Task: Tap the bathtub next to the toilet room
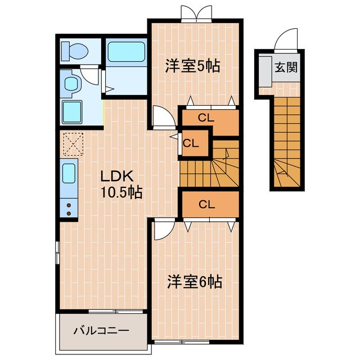point(125,52)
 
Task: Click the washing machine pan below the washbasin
point(72,111)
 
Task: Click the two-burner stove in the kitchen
point(69,209)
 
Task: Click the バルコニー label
point(102,330)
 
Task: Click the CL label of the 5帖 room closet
point(206,118)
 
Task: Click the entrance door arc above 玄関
point(282,42)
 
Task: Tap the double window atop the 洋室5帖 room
point(196,14)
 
